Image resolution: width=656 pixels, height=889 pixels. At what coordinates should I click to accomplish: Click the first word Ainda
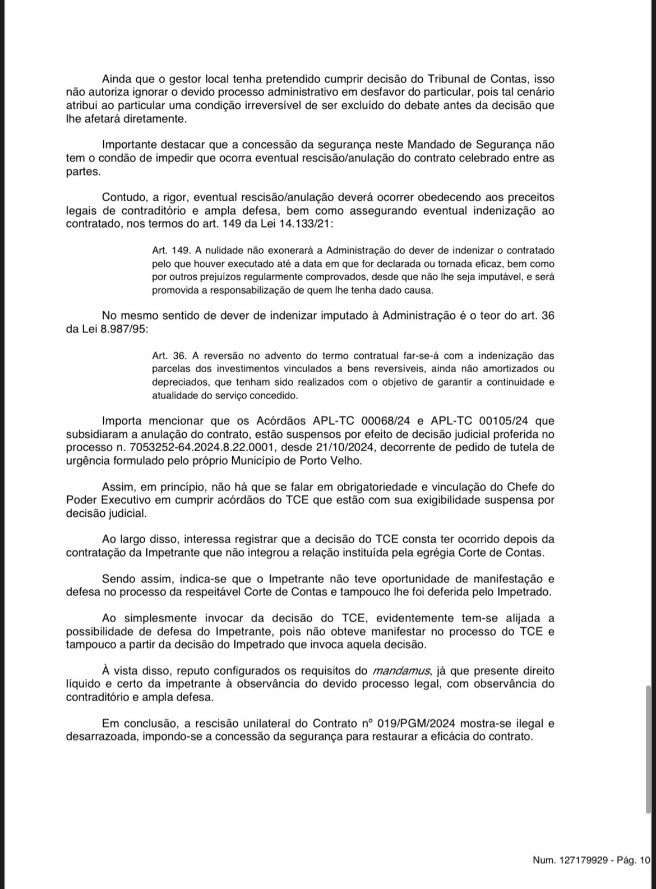118,80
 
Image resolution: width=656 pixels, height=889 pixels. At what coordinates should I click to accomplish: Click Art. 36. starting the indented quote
168,355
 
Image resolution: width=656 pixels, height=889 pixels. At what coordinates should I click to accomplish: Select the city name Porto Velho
335,461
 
